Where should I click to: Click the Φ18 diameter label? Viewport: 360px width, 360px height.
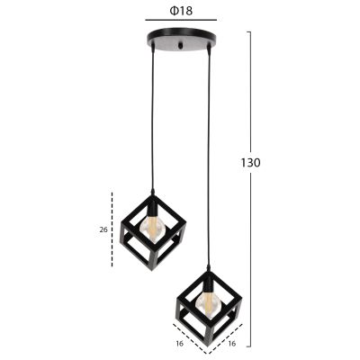pos(180,13)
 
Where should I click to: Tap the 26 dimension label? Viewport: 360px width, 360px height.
pos(103,229)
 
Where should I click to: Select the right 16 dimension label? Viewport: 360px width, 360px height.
pos(232,342)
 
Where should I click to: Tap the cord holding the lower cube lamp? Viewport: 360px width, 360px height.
pos(210,162)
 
